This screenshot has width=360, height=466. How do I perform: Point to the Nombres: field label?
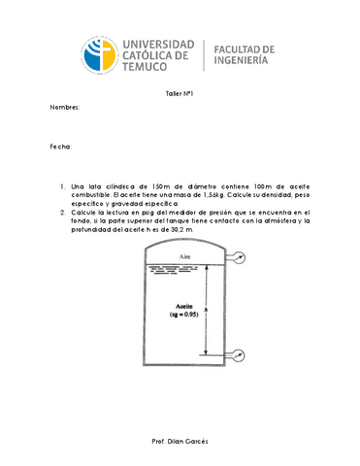64,108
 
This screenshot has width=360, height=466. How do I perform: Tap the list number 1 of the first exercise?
62,185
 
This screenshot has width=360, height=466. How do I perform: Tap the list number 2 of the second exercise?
62,212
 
